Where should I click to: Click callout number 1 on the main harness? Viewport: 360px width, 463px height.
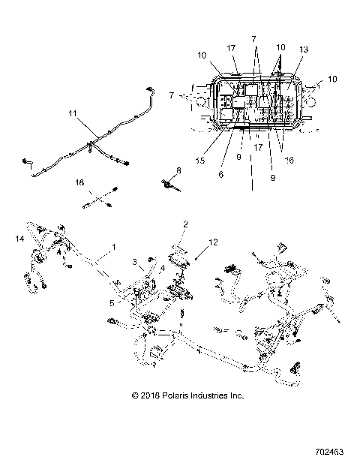[113, 247]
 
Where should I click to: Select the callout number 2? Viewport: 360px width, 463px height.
[185, 224]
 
